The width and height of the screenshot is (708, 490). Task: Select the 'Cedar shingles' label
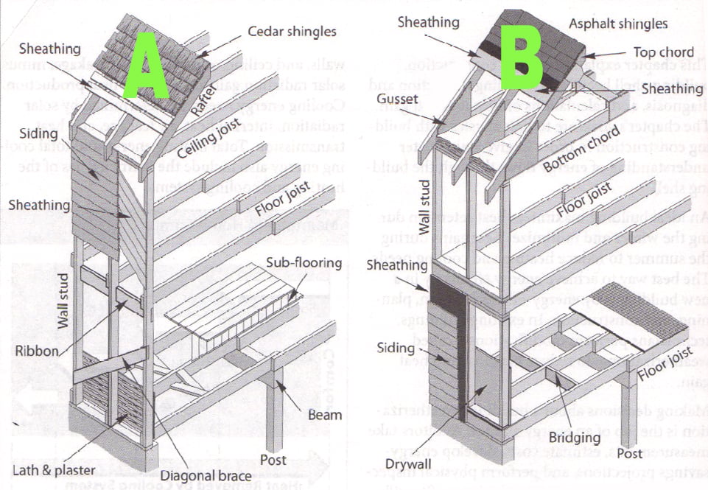[292, 31]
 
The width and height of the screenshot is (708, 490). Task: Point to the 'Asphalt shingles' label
[618, 24]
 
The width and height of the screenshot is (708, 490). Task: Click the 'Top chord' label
[664, 52]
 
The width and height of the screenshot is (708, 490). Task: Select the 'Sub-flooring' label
[305, 263]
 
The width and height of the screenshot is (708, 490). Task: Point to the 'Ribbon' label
[36, 351]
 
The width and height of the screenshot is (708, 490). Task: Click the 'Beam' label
[325, 414]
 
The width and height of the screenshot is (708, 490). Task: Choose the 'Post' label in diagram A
[273, 460]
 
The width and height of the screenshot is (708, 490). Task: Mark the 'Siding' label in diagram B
[394, 346]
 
